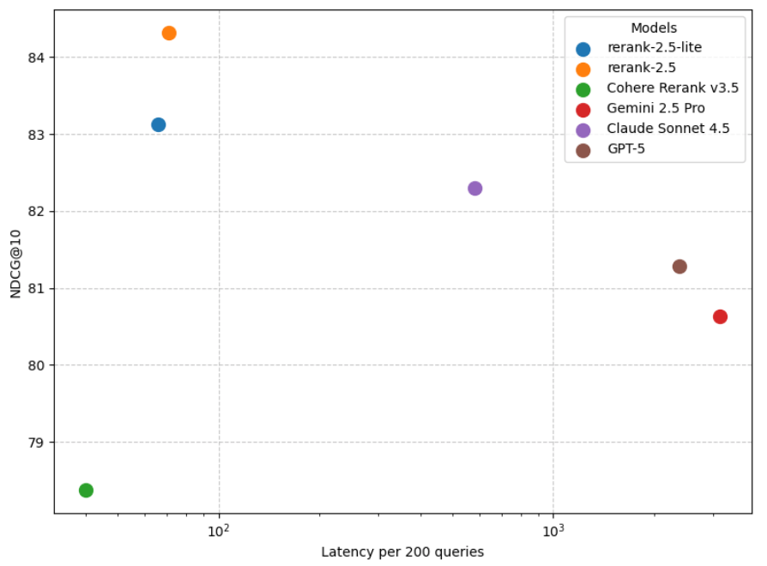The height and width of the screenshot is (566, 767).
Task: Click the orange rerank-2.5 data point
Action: [x=169, y=33]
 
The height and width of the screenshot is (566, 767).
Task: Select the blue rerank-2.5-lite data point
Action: [x=158, y=124]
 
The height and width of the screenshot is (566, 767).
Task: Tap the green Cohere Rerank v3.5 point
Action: [x=86, y=491]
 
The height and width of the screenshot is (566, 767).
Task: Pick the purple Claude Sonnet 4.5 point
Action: [x=474, y=189]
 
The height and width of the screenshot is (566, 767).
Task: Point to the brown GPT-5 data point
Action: [x=679, y=267]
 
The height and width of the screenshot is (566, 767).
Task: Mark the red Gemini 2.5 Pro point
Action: [x=720, y=316]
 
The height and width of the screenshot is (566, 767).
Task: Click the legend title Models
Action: [x=654, y=28]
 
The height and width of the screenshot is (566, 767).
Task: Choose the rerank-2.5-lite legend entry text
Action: [x=654, y=48]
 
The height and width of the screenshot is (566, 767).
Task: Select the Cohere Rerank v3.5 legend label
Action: [x=672, y=87]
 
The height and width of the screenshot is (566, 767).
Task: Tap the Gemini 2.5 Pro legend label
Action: [x=655, y=109]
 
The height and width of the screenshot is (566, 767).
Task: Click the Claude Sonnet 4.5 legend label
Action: [x=667, y=129]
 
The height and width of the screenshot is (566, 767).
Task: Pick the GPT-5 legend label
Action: [x=627, y=150]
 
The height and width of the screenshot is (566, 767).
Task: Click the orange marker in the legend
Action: [x=583, y=69]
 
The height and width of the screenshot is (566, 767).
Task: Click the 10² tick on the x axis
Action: [x=220, y=532]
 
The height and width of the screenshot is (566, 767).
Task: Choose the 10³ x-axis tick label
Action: [x=553, y=532]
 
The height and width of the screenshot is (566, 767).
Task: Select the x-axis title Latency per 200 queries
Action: [x=402, y=552]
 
